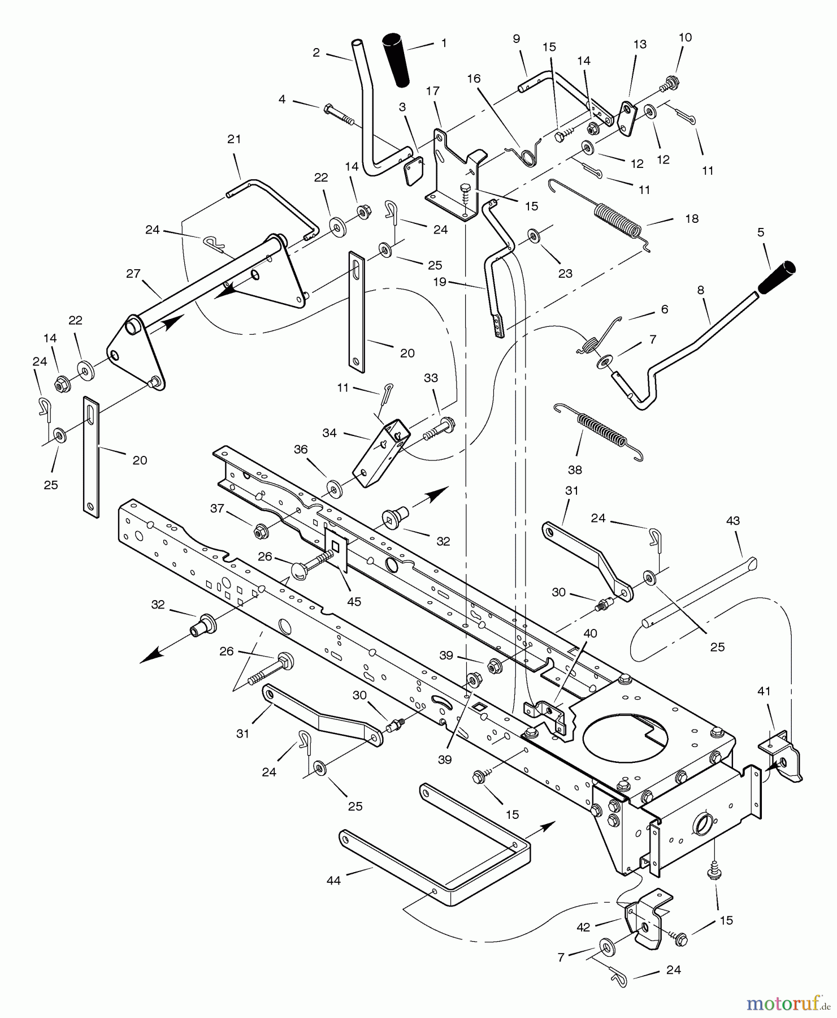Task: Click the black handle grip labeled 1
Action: pos(398,61)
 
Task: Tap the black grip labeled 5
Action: pos(777,278)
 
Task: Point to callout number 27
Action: pos(133,274)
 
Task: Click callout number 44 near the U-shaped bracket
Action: pos(333,881)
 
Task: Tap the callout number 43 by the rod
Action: pos(732,520)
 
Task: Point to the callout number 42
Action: pos(583,927)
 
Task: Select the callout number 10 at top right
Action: pos(685,38)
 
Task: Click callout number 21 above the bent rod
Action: pos(234,139)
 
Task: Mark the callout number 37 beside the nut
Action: pos(217,508)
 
